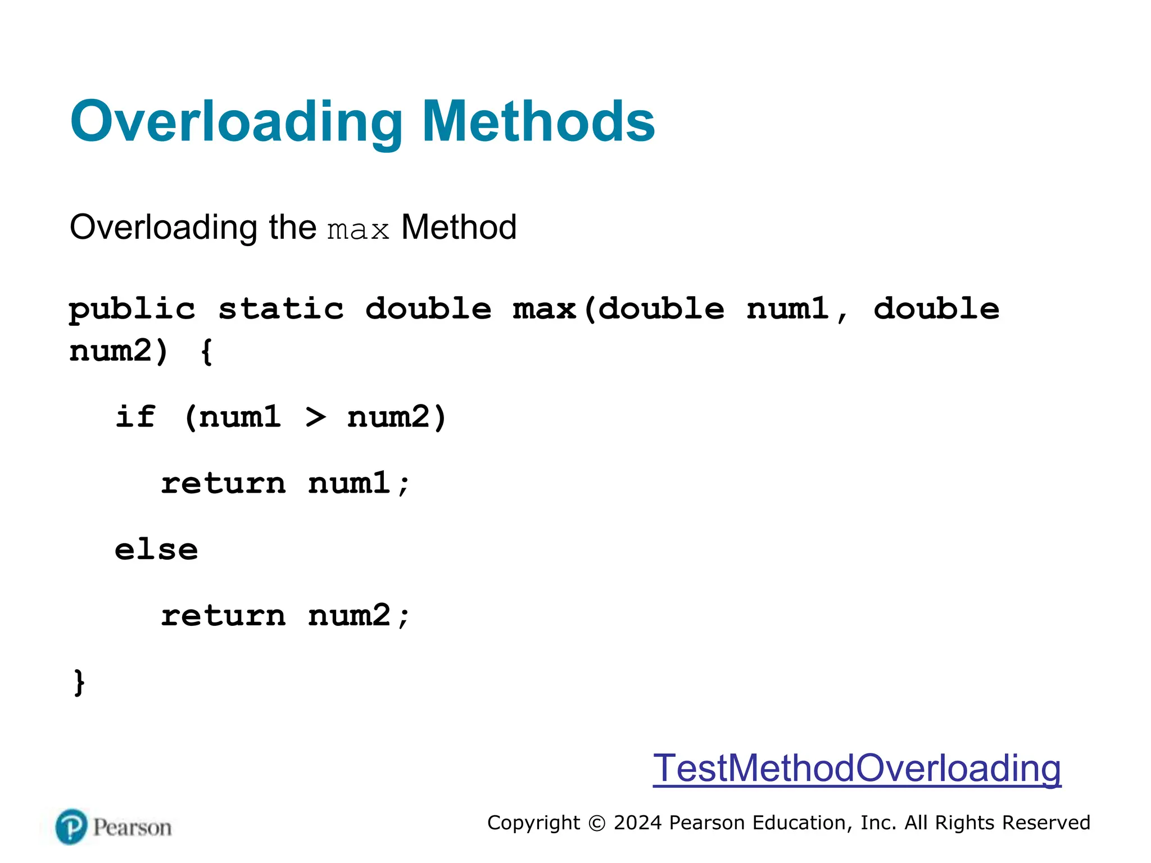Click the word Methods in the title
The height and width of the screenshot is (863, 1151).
[538, 122]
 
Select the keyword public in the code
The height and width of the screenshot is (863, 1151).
[132, 310]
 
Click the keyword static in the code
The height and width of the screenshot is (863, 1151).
[281, 310]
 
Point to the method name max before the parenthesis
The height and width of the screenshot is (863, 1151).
[544, 310]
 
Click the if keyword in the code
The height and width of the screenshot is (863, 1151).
[135, 417]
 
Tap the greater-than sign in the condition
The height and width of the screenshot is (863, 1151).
[316, 417]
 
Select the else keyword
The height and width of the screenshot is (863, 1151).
[156, 550]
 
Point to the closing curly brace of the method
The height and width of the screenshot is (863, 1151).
[79, 683]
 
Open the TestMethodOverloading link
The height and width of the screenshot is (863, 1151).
[857, 769]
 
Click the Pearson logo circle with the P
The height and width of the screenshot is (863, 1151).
[71, 827]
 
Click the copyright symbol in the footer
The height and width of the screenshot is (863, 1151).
[597, 824]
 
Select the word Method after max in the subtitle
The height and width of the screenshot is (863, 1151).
[459, 228]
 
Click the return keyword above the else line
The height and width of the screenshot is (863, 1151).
[223, 484]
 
